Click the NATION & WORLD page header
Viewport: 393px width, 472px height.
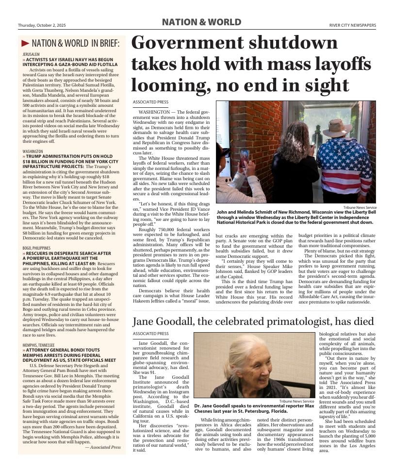(201, 22)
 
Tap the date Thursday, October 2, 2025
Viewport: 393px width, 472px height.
(42, 25)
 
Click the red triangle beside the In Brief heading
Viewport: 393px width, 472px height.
(25, 43)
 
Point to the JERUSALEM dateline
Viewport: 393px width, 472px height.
(31, 54)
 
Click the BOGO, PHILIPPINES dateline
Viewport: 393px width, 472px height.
(36, 248)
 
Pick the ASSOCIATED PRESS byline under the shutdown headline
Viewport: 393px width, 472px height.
(150, 102)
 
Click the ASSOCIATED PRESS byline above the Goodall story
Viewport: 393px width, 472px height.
(150, 334)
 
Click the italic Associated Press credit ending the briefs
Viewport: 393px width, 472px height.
(103, 447)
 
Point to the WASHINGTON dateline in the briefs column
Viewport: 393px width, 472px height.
(33, 152)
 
